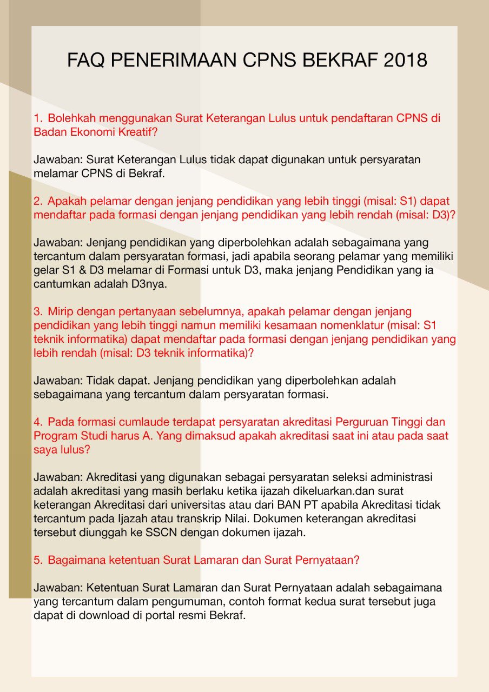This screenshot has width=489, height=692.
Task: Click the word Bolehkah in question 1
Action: click(72, 118)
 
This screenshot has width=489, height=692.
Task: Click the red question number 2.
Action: click(38, 201)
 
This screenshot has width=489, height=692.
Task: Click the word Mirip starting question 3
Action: click(61, 312)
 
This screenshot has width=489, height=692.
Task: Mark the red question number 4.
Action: click(38, 422)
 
